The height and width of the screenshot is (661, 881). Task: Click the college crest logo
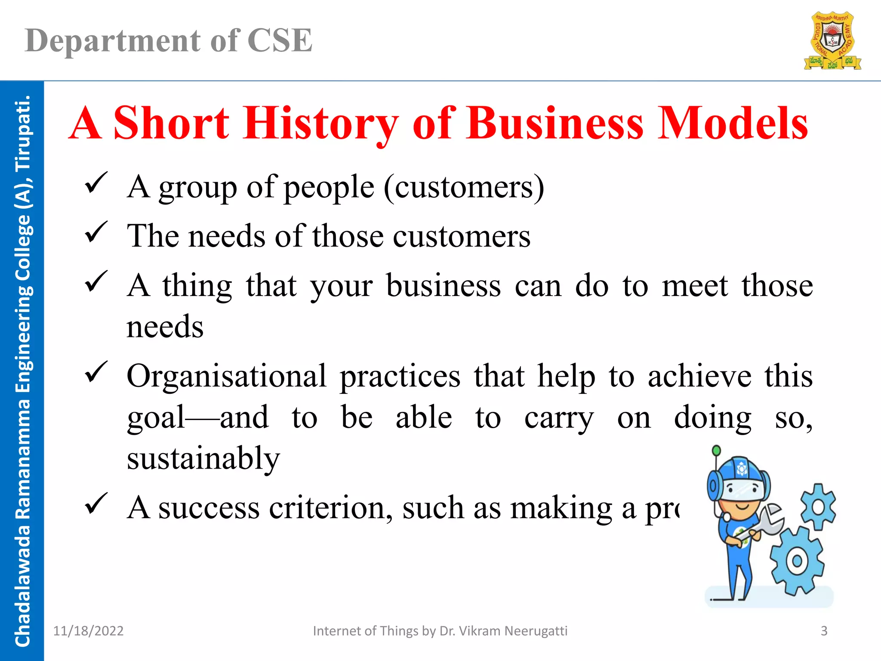coord(832,41)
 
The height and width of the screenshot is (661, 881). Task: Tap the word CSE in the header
coord(280,41)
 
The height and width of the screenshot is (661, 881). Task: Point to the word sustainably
coord(203,459)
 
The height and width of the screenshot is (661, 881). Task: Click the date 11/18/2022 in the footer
coord(88,631)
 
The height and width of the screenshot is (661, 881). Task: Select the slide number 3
coord(824,631)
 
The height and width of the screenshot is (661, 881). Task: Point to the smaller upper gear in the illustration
coord(818,507)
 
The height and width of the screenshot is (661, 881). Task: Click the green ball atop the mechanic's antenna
coord(716,451)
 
